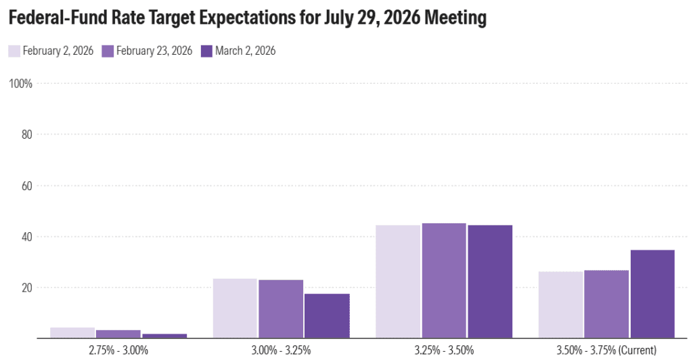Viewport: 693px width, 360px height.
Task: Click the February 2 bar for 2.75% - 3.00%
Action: click(72, 333)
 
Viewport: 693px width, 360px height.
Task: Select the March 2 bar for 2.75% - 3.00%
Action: click(164, 336)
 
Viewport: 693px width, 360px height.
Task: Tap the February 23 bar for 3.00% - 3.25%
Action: click(281, 309)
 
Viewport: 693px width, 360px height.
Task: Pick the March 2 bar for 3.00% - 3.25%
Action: click(327, 315)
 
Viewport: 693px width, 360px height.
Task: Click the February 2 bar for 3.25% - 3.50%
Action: click(398, 282)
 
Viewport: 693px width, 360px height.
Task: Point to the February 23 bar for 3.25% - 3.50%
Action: click(444, 280)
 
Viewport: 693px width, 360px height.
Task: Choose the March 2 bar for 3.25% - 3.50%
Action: click(490, 282)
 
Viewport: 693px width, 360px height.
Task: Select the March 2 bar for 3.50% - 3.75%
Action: click(652, 294)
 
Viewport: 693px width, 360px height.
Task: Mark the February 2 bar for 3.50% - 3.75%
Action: click(560, 305)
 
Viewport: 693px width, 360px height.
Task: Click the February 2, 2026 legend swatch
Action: click(14, 51)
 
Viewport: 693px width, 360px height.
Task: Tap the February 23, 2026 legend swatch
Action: click(108, 51)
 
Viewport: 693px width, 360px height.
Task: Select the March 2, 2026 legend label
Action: click(245, 51)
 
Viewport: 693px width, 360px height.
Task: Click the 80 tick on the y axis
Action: click(28, 135)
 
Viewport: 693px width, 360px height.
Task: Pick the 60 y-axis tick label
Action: click(28, 185)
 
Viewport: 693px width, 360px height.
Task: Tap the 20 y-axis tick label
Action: click(28, 288)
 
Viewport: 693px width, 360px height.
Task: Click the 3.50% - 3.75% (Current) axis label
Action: click(606, 350)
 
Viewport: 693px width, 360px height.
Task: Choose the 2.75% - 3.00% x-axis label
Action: click(118, 350)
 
